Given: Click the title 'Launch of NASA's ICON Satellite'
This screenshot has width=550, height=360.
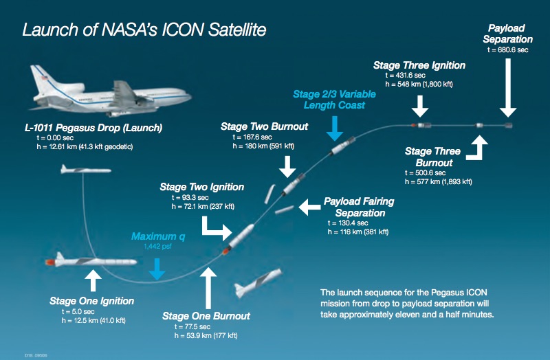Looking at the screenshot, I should (x=144, y=30).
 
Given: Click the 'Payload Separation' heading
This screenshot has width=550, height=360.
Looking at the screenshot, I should (x=507, y=34).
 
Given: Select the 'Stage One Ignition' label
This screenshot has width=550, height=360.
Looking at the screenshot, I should (x=91, y=301).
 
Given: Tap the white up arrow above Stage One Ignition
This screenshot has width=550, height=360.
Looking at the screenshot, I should (x=91, y=280).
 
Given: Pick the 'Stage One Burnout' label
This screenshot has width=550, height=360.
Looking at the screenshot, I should (x=206, y=316).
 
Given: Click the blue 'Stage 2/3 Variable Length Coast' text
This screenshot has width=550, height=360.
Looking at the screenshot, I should (x=335, y=100).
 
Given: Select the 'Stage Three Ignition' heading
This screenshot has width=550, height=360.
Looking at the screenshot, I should (x=419, y=65).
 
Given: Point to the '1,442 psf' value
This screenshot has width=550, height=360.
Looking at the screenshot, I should (x=157, y=246).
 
